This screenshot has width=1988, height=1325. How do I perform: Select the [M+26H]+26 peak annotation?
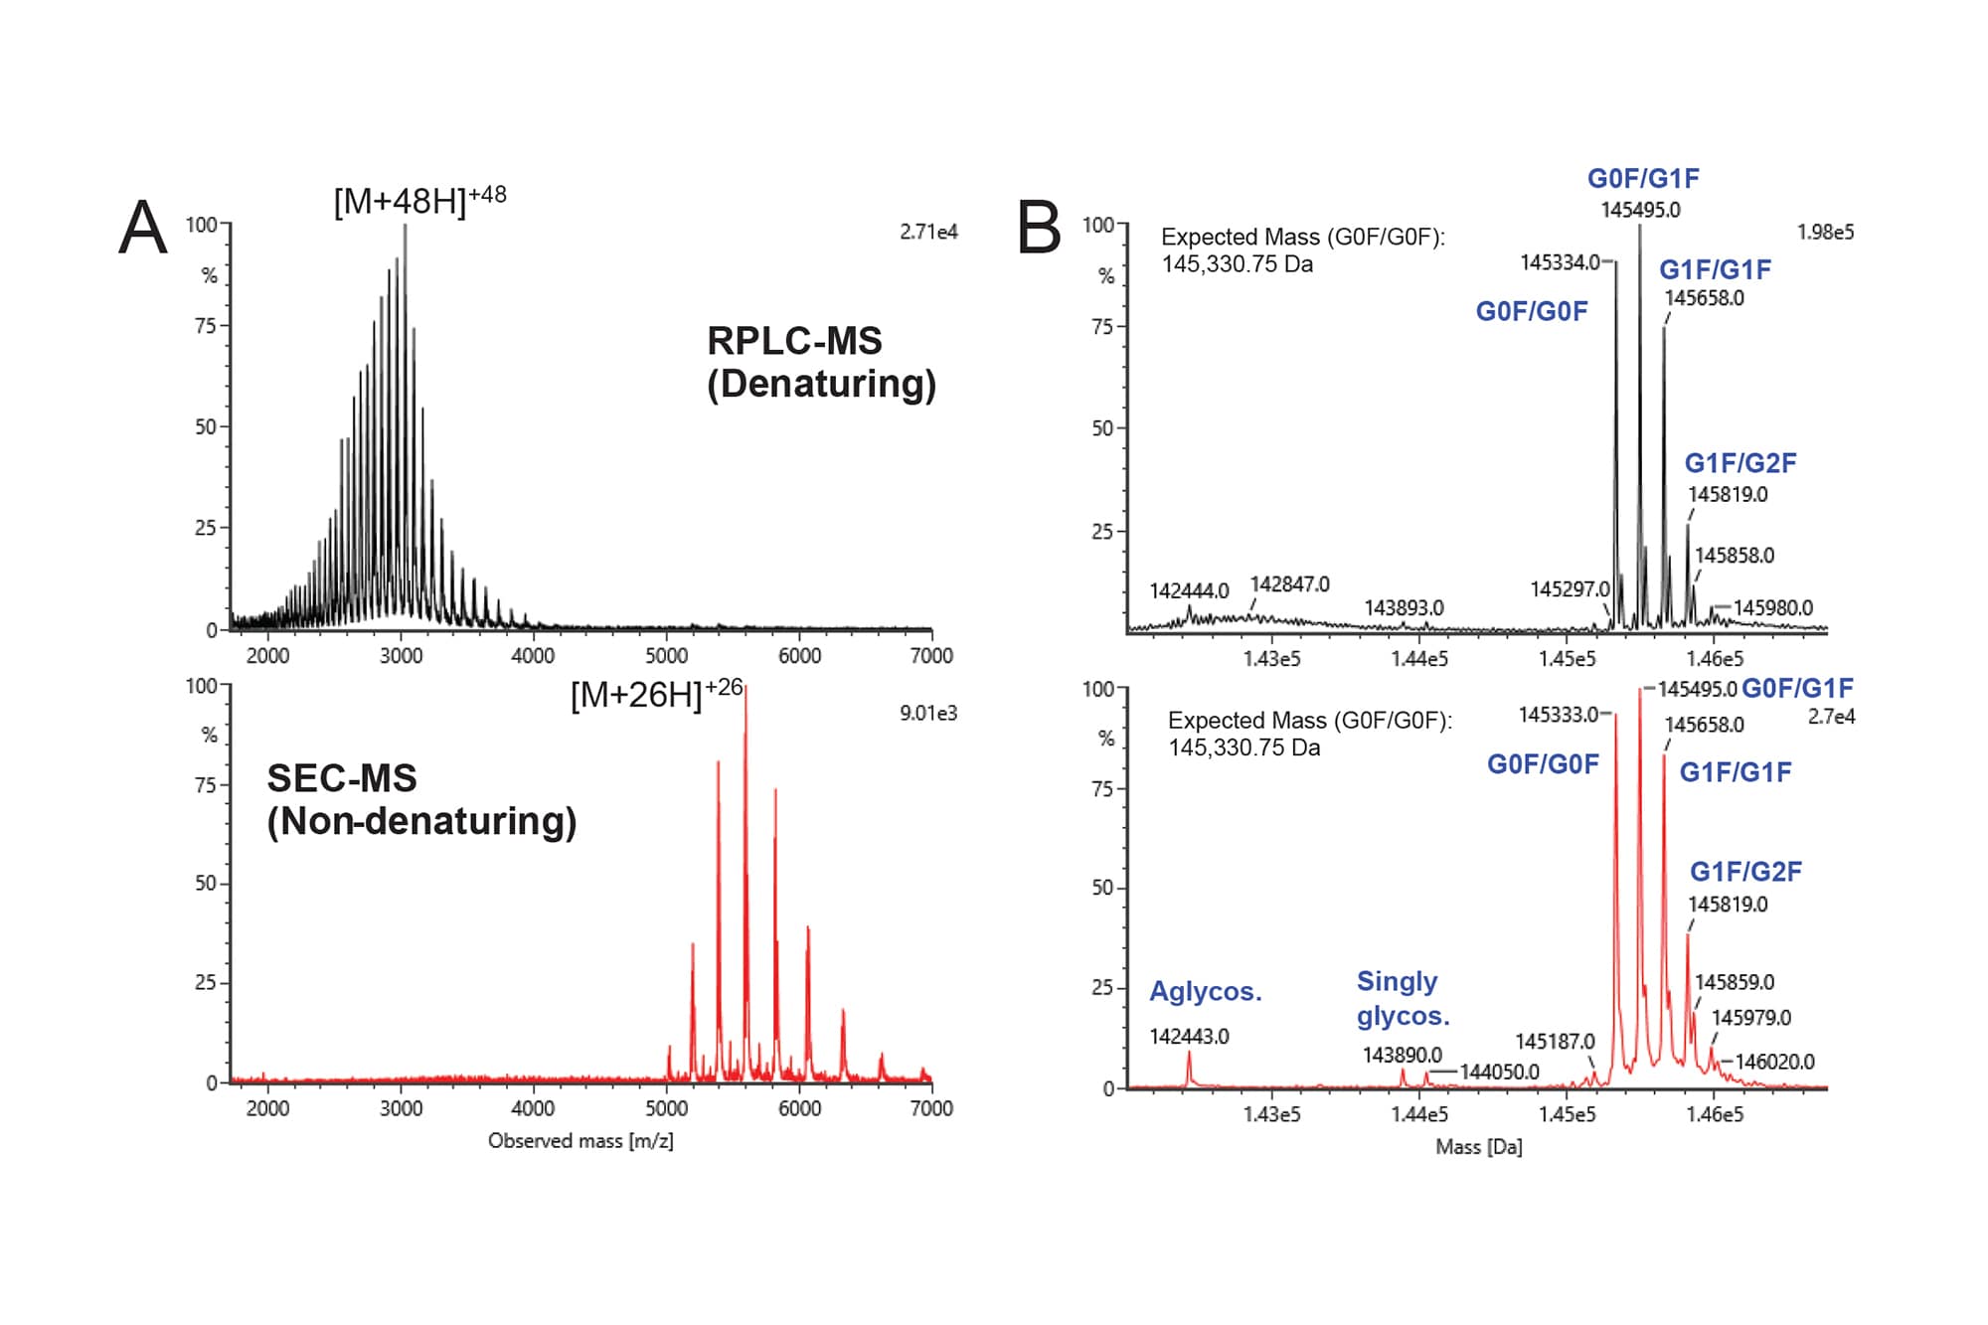(x=656, y=693)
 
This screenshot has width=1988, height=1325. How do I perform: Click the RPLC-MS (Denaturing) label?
(x=820, y=362)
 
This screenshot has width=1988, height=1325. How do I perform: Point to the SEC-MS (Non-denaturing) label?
(x=420, y=799)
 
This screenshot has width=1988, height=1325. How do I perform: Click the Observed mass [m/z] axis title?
(x=580, y=1140)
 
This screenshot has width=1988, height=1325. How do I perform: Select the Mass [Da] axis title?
(x=1478, y=1146)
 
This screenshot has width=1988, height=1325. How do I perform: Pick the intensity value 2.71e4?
(x=928, y=232)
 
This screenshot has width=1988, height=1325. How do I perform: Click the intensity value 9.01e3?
(x=928, y=713)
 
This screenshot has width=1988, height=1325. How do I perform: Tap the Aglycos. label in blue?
(x=1205, y=991)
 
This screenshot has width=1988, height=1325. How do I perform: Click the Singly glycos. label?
(x=1403, y=998)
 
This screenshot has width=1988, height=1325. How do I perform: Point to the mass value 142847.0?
(x=1289, y=584)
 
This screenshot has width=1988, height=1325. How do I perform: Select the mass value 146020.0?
(x=1774, y=1062)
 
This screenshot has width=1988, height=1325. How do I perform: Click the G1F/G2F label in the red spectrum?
(x=1745, y=872)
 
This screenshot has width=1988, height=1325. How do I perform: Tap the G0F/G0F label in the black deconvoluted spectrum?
(x=1531, y=311)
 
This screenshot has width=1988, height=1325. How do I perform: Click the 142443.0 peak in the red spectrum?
(x=1189, y=1069)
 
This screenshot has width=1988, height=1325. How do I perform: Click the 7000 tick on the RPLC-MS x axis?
(x=931, y=655)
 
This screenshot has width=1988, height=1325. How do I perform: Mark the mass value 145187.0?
(x=1554, y=1041)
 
